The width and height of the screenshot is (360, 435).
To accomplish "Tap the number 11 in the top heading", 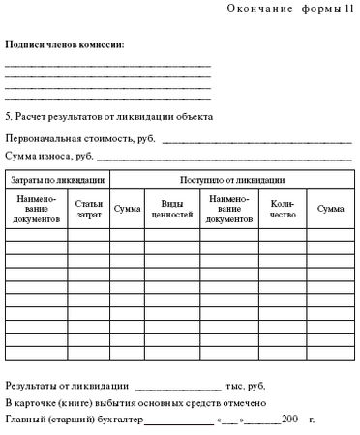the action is pyautogui.click(x=347, y=9).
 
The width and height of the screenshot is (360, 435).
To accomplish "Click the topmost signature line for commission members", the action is pyautogui.click(x=107, y=65).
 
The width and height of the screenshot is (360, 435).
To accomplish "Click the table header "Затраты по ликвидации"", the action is pyautogui.click(x=57, y=180).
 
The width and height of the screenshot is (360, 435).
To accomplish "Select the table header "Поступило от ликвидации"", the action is pyautogui.click(x=232, y=180).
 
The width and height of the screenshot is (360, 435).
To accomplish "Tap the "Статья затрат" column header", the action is pyautogui.click(x=88, y=208).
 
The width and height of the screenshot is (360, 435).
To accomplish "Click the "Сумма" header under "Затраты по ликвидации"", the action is pyautogui.click(x=127, y=208).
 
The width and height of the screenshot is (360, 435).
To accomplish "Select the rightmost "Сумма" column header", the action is pyautogui.click(x=331, y=208).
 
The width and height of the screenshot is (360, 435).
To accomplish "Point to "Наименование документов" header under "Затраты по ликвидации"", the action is pyautogui.click(x=38, y=208).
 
